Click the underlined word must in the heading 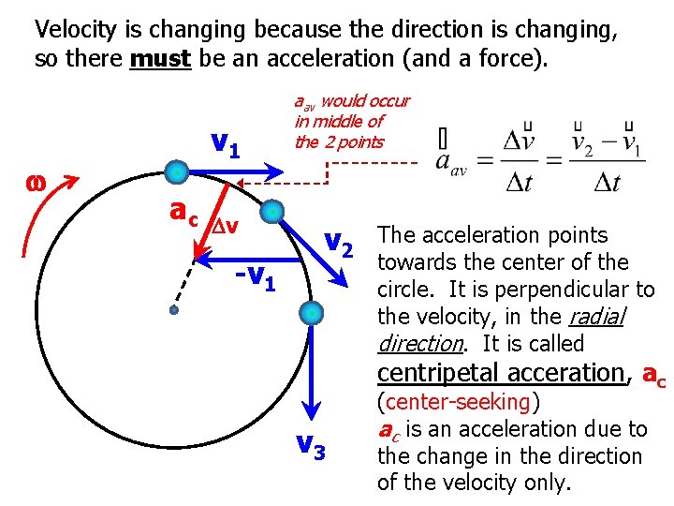coord(160,60)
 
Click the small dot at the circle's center coord(173,309)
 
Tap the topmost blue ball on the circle coord(177,171)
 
